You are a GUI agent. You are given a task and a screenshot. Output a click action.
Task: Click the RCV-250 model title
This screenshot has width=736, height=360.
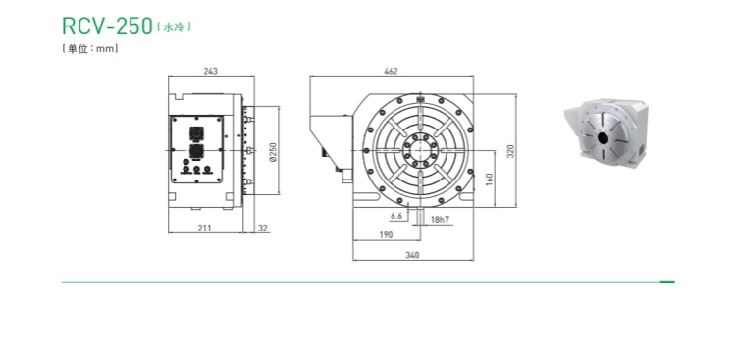coord(108,26)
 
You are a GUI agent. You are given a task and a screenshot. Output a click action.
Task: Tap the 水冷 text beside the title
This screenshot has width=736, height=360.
coord(173,27)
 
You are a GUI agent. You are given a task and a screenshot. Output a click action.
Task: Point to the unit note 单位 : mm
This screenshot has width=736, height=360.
coord(89,48)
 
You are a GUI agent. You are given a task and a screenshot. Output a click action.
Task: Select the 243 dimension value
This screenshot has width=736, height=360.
coord(211,71)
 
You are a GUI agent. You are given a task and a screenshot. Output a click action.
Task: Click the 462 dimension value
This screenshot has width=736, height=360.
coord(391,71)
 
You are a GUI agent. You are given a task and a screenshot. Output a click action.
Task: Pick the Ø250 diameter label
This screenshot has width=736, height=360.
coord(274,152)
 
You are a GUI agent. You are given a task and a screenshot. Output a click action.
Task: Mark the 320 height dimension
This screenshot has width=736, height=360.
coord(511,151)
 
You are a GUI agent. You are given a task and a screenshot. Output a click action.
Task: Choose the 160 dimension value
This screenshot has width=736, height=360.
coord(489,179)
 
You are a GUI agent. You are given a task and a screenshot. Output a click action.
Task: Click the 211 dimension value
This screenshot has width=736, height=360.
coord(204,229)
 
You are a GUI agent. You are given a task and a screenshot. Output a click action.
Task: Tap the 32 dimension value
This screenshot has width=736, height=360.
coord(262,229)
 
